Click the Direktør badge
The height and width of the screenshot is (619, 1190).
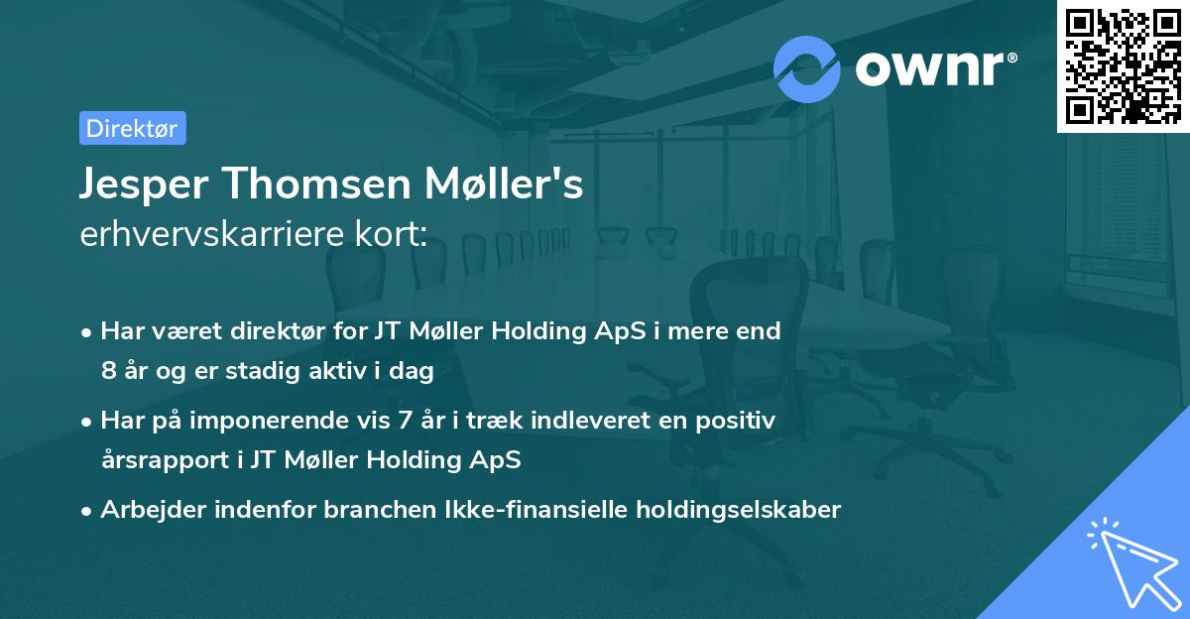[x=132, y=128]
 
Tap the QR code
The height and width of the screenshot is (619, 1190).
[x=1123, y=65]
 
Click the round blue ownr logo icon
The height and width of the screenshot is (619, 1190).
[x=807, y=68]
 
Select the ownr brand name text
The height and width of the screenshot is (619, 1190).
[x=932, y=69]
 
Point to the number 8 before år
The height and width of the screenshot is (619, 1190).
[x=107, y=372]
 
